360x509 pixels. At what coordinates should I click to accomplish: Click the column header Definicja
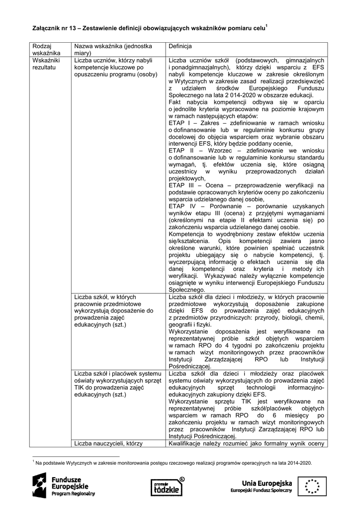coord(180,46)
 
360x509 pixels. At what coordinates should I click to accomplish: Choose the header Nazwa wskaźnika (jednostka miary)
coord(113,49)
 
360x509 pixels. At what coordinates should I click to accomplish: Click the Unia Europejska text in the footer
coord(267,482)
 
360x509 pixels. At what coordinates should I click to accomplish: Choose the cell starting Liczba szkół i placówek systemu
coord(117,385)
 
